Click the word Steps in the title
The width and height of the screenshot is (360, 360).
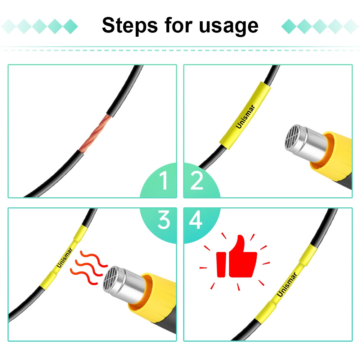tap(130, 26)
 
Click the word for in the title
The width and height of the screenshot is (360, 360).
tap(179, 25)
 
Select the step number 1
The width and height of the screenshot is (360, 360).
tap(164, 180)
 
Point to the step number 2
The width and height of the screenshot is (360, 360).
tap(197, 180)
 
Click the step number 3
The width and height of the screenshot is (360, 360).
tap(164, 220)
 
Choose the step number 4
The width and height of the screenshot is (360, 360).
tap(195, 220)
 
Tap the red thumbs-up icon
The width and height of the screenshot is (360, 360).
tap(237, 257)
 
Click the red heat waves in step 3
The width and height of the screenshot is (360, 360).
tap(89, 267)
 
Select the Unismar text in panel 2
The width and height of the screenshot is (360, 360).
tap(246, 116)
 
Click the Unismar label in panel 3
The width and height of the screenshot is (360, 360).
tap(64, 257)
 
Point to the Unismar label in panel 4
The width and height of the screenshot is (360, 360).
tap(287, 284)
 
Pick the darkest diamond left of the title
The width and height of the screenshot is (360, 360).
tap(71, 26)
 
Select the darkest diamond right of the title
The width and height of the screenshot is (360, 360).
tap(289, 26)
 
